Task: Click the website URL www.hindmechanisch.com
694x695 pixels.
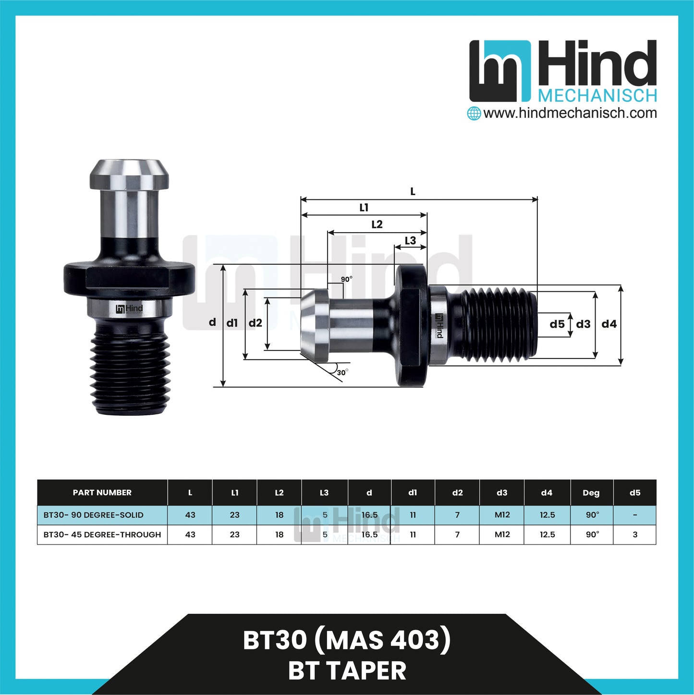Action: point(570,113)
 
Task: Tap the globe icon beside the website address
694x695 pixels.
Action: point(474,113)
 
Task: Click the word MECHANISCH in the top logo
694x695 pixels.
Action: point(597,96)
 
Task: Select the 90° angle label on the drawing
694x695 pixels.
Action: point(346,279)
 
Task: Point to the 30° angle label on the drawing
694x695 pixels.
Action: point(342,372)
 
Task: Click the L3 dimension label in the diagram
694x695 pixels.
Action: point(410,240)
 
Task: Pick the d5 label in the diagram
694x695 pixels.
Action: point(557,324)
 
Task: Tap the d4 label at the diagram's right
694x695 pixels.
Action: point(609,324)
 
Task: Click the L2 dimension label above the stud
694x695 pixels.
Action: point(377,224)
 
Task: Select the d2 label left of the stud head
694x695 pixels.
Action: point(255,323)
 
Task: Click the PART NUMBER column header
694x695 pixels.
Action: point(102,493)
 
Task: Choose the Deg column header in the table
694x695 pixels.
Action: point(591,493)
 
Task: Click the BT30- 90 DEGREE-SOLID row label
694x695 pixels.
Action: point(93,515)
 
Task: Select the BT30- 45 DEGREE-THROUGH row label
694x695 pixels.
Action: point(102,534)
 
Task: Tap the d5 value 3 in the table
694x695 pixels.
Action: point(635,534)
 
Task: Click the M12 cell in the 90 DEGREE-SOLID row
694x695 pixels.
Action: point(502,515)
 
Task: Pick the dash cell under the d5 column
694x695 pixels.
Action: point(635,515)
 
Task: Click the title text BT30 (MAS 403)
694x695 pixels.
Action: point(347,640)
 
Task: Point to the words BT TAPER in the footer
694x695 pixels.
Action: point(347,670)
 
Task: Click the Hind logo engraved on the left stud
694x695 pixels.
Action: point(129,309)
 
